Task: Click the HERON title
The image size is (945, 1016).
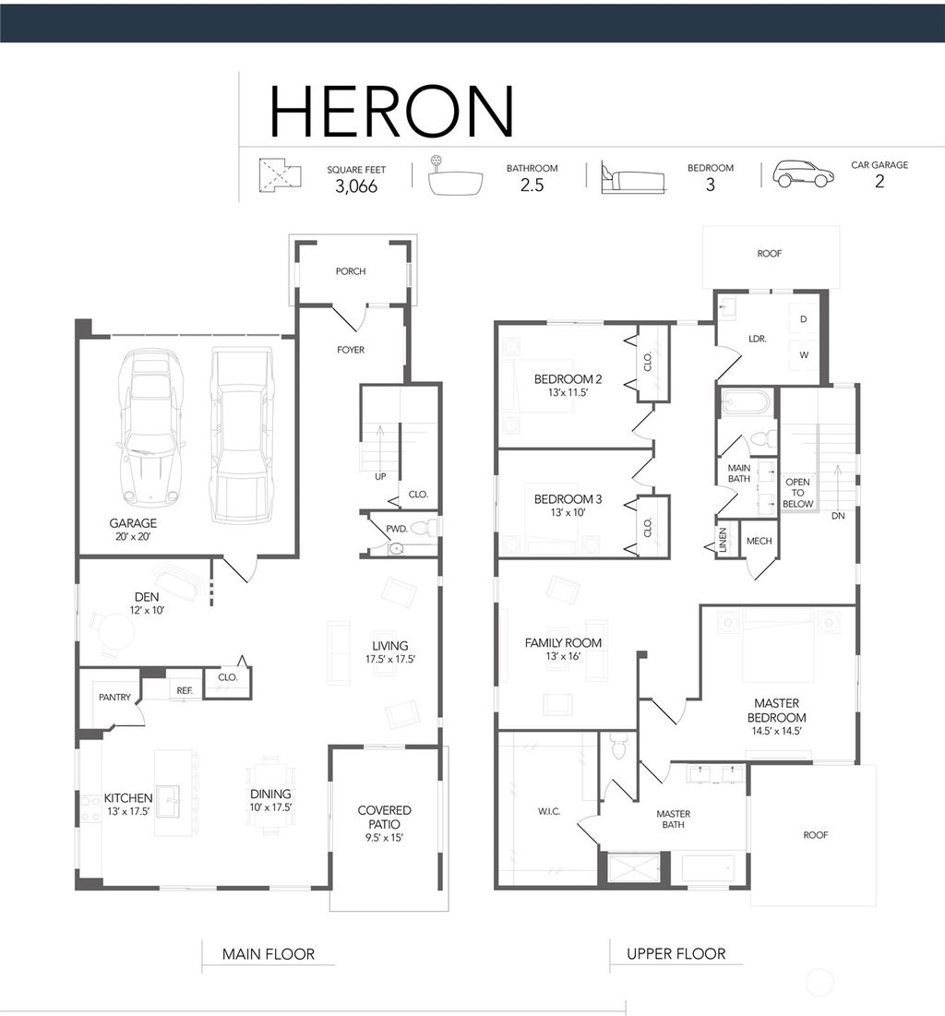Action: [x=391, y=112]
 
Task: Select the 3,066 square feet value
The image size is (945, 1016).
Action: [x=356, y=186]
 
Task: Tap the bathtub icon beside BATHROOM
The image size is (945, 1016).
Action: [x=456, y=175]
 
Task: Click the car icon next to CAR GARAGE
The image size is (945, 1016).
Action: [x=803, y=173]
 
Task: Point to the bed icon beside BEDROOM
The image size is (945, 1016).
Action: [x=633, y=177]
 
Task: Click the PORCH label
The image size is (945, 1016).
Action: [x=351, y=271]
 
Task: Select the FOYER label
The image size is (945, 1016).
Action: [x=351, y=350]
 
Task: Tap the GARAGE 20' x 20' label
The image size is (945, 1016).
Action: [x=133, y=529]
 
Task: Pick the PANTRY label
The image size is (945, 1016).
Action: [x=114, y=698]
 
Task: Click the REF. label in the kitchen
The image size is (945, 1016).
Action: [x=185, y=691]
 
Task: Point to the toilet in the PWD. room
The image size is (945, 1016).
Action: [x=425, y=528]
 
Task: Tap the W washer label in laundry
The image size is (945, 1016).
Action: [x=804, y=355]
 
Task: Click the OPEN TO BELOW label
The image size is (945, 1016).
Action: [x=798, y=493]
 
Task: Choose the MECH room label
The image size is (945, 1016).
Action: [x=759, y=541]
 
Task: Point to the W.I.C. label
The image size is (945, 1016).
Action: [x=549, y=811]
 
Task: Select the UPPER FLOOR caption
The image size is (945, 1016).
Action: [x=676, y=954]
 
